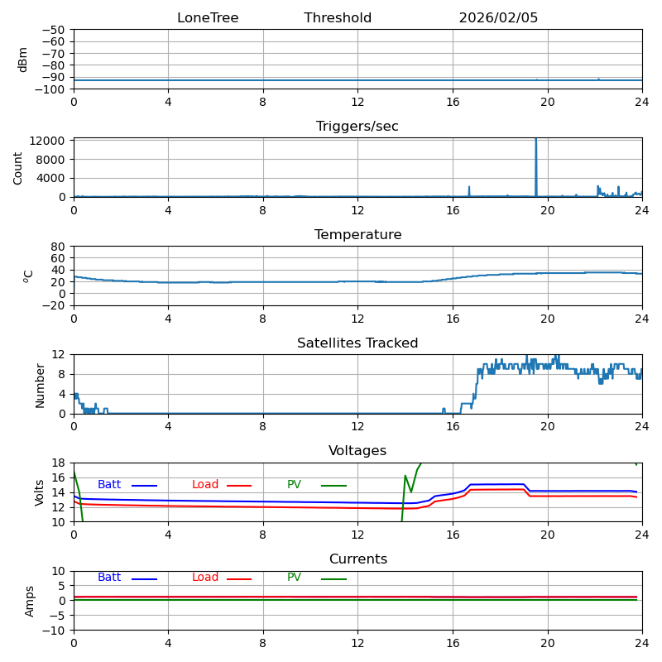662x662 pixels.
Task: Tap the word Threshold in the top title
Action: click(x=338, y=18)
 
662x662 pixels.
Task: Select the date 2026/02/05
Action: click(x=498, y=18)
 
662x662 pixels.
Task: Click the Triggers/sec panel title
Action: click(x=357, y=127)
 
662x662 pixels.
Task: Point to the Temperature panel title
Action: click(x=357, y=235)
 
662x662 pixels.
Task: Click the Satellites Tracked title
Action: click(x=357, y=343)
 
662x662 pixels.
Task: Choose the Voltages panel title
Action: click(x=357, y=451)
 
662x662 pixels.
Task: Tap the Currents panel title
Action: click(x=357, y=559)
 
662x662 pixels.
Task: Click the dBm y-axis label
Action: click(x=23, y=60)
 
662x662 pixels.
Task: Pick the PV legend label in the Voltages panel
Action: click(x=295, y=485)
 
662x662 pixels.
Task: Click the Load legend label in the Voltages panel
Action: click(x=205, y=485)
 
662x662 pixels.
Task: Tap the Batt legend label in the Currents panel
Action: click(x=109, y=578)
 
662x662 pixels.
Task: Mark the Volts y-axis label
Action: click(x=40, y=492)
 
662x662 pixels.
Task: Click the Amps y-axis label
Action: click(x=30, y=601)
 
